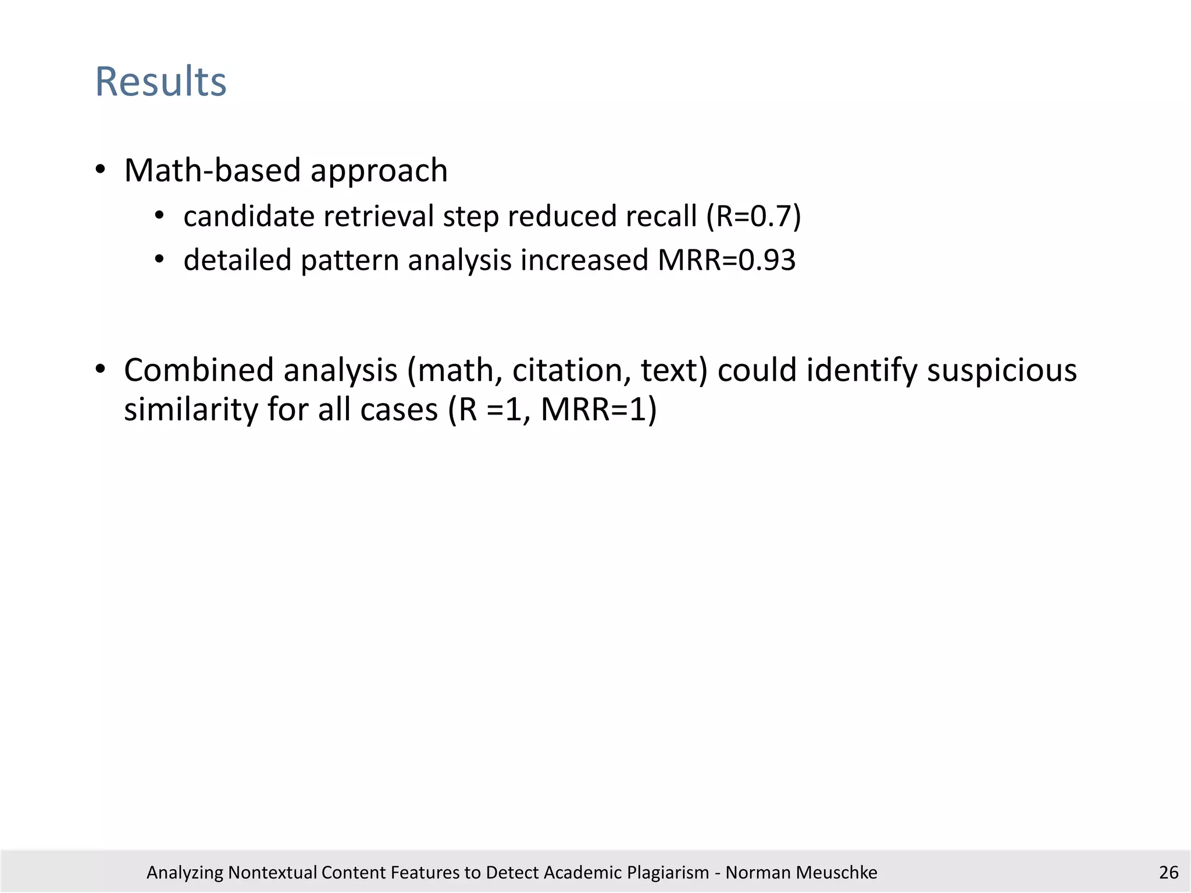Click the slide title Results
click(161, 81)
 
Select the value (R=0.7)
click(754, 216)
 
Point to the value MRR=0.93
click(726, 260)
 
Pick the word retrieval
click(378, 216)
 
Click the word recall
click(661, 216)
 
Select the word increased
click(584, 260)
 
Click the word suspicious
click(1001, 370)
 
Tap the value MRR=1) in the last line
click(598, 410)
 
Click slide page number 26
click(1168, 872)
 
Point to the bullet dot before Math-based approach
click(101, 170)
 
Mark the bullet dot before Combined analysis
click(101, 370)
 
